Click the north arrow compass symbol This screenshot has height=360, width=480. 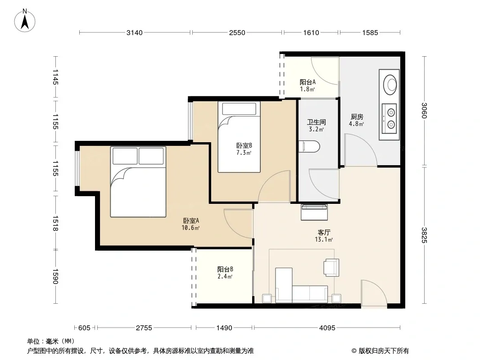25,21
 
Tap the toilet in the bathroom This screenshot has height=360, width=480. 309,147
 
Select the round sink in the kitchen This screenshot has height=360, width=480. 390,84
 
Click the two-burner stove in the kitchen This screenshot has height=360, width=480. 389,118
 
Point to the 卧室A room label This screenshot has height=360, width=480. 191,220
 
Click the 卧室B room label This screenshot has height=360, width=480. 244,146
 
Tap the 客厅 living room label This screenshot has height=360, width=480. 324,233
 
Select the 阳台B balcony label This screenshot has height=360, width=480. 225,269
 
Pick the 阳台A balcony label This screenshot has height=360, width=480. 308,82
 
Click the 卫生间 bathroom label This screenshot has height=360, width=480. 317,122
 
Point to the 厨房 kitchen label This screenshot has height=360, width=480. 357,117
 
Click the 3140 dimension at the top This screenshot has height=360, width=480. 135,33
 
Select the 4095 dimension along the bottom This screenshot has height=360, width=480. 327,328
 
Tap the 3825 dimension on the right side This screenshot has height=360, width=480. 424,235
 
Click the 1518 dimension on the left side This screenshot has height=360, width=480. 55,223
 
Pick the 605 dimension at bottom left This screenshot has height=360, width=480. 84,328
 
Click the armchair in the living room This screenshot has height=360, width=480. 331,268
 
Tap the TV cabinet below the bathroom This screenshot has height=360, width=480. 314,212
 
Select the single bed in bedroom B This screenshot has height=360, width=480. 239,137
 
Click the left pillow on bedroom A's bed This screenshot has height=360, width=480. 125,156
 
